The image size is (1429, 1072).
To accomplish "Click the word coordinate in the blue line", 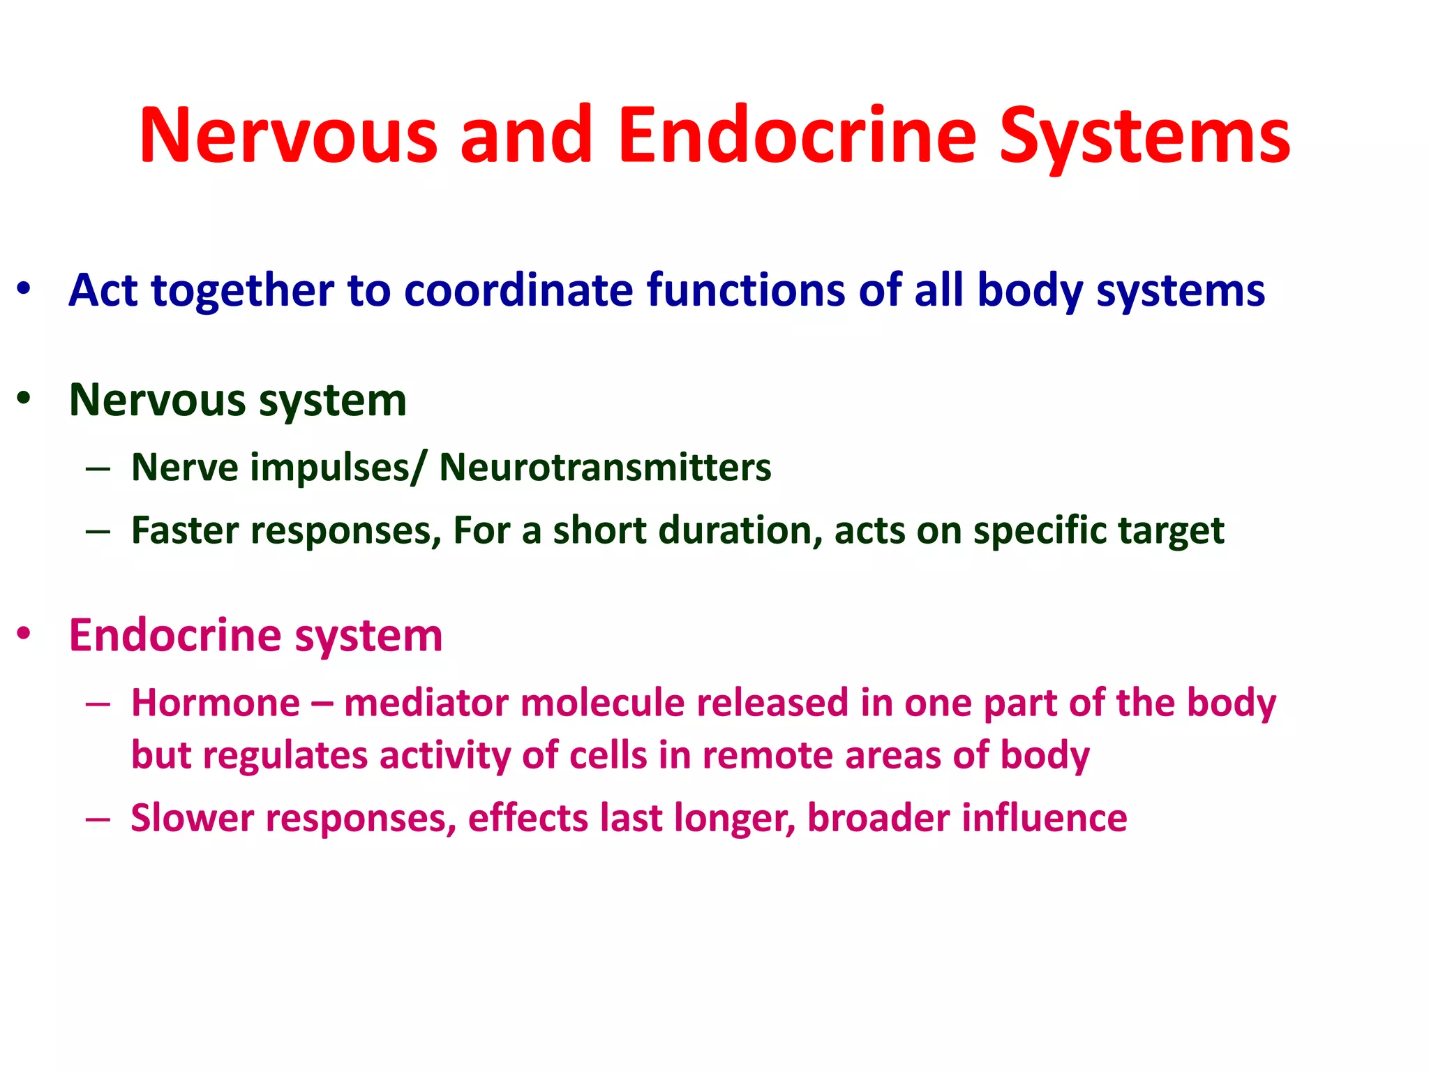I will (x=518, y=290).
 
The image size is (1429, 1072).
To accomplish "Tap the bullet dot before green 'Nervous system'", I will (x=24, y=398).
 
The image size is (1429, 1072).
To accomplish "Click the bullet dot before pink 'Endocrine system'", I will (x=24, y=633).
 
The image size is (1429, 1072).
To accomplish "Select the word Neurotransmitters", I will (x=605, y=467).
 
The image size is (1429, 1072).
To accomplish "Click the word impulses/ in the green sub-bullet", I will (x=337, y=468).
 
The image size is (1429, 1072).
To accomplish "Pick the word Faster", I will (x=185, y=530).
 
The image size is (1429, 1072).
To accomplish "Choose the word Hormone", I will (x=216, y=703).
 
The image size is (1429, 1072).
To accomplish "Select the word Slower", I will (x=192, y=818).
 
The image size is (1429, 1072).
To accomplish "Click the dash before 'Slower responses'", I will (x=98, y=818).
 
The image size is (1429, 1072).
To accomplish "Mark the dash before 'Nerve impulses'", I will (x=98, y=468).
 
